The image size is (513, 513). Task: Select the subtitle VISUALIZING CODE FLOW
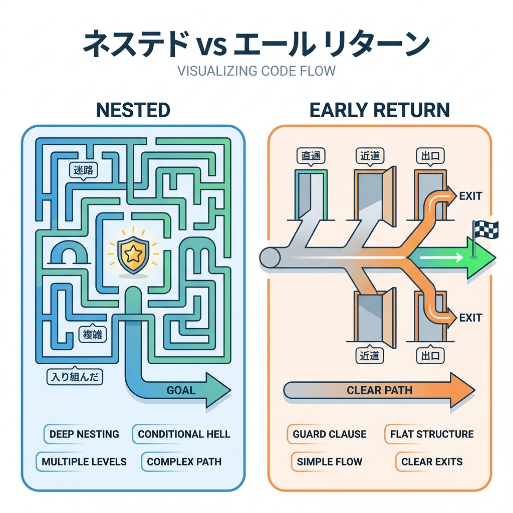click(256, 70)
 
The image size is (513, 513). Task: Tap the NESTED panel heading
click(133, 110)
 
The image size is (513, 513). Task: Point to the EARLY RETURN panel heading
click(379, 110)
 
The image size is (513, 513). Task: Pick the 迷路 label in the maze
click(83, 170)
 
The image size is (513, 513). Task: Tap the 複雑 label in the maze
click(91, 334)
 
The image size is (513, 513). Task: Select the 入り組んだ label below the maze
click(74, 376)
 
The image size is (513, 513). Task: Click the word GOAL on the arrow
click(180, 390)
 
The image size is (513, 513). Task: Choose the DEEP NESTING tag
click(84, 434)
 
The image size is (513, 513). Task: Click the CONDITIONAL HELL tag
click(184, 434)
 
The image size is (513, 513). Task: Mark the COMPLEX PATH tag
click(184, 461)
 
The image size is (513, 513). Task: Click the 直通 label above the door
click(311, 156)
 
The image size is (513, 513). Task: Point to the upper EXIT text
click(470, 196)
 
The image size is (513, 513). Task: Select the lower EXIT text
click(470, 318)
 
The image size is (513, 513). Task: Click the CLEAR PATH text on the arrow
click(379, 390)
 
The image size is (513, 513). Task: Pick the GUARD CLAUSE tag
click(329, 434)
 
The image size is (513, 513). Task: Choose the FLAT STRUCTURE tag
click(431, 434)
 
